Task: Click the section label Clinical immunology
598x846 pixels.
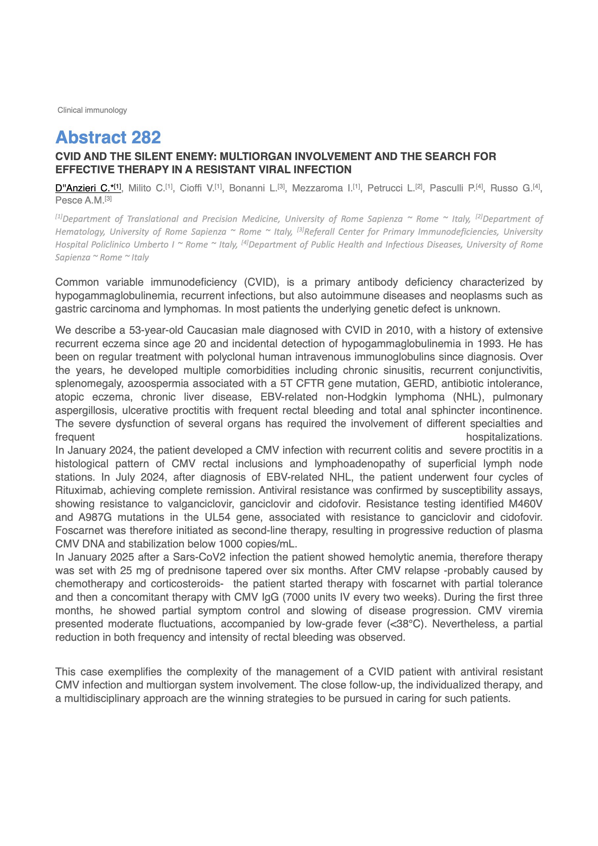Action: click(92, 110)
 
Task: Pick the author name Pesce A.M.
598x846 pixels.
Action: click(80, 201)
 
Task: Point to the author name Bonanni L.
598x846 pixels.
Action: click(253, 188)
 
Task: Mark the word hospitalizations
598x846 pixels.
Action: click(504, 437)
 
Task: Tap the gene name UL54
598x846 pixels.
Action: click(217, 517)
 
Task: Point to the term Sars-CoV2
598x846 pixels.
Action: click(199, 557)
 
